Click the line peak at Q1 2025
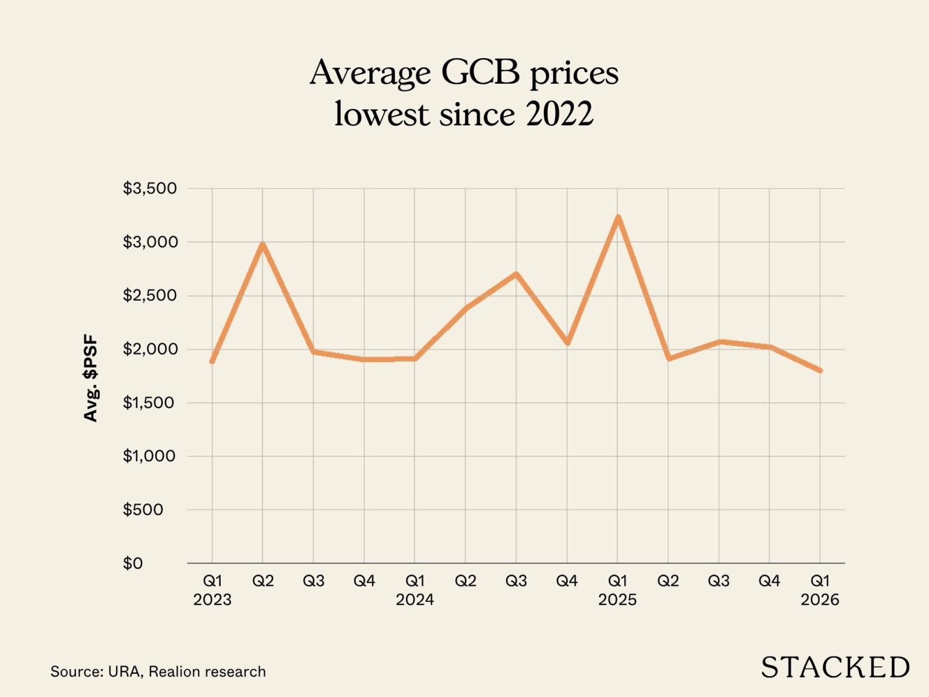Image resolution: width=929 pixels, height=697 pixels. point(618,217)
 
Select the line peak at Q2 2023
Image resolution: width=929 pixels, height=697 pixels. point(263,244)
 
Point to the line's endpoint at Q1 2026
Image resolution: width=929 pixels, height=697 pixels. point(820,371)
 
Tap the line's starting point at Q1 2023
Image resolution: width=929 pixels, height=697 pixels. point(213,361)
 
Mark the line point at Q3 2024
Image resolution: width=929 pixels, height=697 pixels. point(516,274)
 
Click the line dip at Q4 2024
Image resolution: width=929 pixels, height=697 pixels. point(567,343)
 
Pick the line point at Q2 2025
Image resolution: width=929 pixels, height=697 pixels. point(669,358)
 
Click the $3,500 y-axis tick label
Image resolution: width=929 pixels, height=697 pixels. point(150,189)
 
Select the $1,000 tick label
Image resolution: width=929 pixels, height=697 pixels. point(150,456)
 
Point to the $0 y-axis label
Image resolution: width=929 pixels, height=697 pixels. point(133,563)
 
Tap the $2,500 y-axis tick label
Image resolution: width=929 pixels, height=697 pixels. point(150,296)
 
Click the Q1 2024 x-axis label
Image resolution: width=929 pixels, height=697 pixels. point(415,590)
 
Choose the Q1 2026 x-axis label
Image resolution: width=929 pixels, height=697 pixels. point(820,590)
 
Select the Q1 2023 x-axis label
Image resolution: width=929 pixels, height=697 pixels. point(213,590)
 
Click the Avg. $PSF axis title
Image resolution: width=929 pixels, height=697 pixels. point(91,379)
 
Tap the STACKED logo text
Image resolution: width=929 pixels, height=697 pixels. point(835,667)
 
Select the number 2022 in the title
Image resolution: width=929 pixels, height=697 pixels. point(560,113)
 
